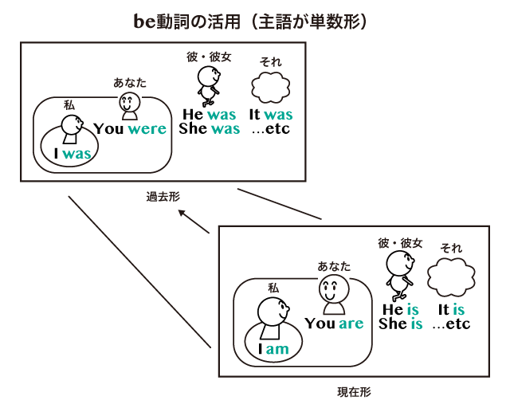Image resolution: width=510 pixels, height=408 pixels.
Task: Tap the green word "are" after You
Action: coord(351,324)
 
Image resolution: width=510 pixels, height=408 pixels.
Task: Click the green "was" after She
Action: coord(225,129)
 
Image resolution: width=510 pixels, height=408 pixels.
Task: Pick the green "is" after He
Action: coord(413,310)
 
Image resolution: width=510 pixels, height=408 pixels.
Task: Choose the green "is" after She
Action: coord(416,324)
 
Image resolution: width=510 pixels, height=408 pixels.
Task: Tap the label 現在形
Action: coord(354,392)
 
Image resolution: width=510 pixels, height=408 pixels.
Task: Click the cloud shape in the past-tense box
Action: coord(271,87)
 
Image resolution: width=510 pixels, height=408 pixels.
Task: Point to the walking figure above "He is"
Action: coord(399,272)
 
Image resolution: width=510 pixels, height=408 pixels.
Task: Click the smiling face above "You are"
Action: coord(333,295)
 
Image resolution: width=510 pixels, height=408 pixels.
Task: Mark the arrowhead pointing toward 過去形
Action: coord(182,213)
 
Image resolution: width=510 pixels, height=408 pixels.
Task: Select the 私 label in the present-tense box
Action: coord(273,288)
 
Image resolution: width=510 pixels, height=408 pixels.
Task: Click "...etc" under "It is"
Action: coord(451,324)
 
